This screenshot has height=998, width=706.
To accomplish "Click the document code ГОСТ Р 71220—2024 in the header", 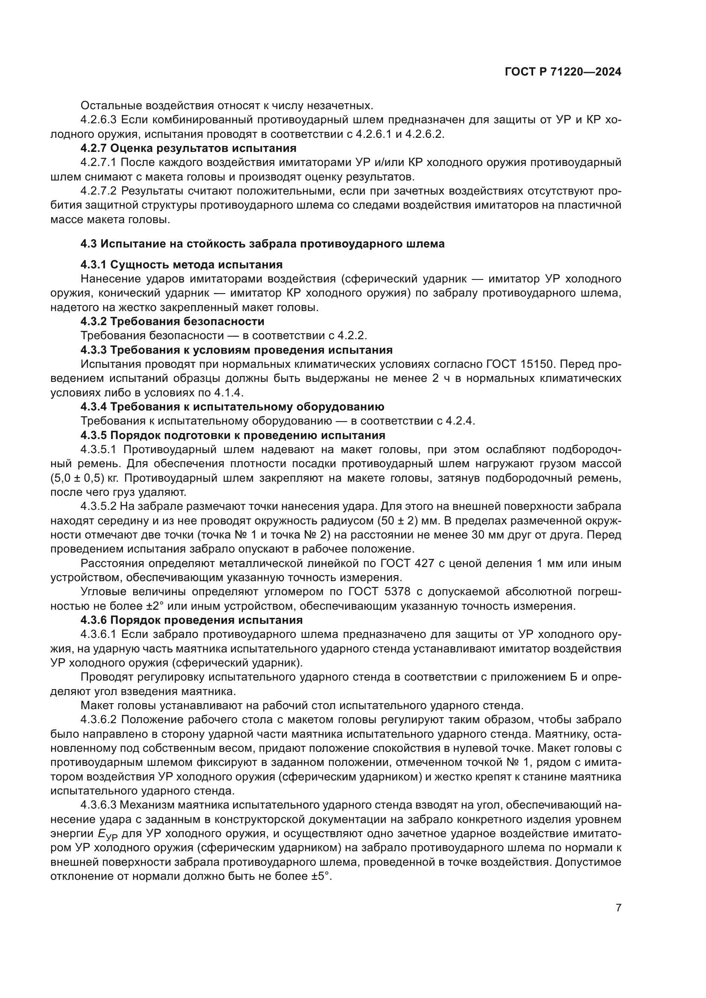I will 563,72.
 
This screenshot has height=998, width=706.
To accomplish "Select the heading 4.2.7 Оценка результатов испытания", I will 188,148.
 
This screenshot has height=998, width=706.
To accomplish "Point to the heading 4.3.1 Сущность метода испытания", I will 181,264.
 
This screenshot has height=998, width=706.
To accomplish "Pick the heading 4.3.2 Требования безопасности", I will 172,321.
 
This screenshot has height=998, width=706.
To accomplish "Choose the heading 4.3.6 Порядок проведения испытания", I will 191,620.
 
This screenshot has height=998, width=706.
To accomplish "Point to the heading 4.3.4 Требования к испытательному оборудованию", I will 232,407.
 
